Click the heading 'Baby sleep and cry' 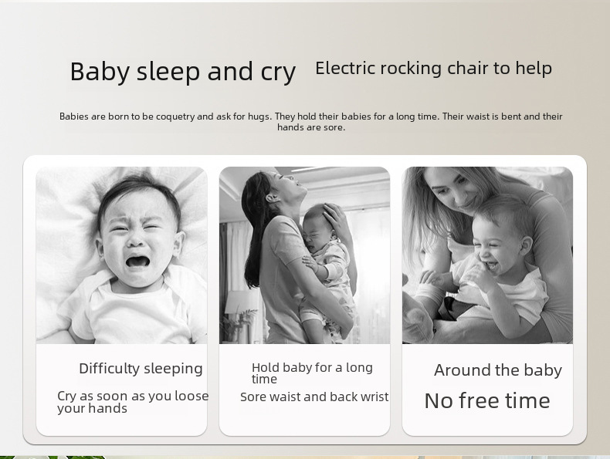click(183, 72)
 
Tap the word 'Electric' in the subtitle click(345, 68)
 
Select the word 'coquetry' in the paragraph click(175, 116)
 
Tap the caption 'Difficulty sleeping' click(141, 369)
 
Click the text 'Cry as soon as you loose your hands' click(133, 402)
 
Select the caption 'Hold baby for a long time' click(312, 373)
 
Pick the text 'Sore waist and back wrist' click(314, 397)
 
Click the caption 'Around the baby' click(498, 370)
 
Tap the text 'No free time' click(487, 400)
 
